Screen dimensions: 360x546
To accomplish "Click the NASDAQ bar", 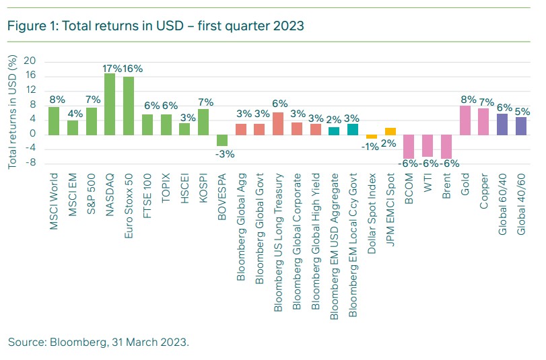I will click(x=109, y=104).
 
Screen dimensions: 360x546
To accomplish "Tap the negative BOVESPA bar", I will click(x=221, y=140).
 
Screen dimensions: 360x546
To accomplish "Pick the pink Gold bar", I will click(x=465, y=120).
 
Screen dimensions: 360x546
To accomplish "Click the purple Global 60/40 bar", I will click(x=502, y=124).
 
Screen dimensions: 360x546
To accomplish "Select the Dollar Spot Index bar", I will click(x=372, y=137).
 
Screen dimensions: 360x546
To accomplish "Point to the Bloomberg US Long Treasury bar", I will click(x=278, y=123).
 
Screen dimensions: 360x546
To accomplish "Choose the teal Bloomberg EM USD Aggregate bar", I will click(x=334, y=131).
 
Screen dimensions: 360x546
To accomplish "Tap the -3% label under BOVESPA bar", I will click(x=223, y=153).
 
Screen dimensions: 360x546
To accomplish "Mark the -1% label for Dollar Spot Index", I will click(x=370, y=146).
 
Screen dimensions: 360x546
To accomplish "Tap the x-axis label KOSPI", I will click(x=203, y=188).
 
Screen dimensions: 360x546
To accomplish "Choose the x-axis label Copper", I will click(x=483, y=191).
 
